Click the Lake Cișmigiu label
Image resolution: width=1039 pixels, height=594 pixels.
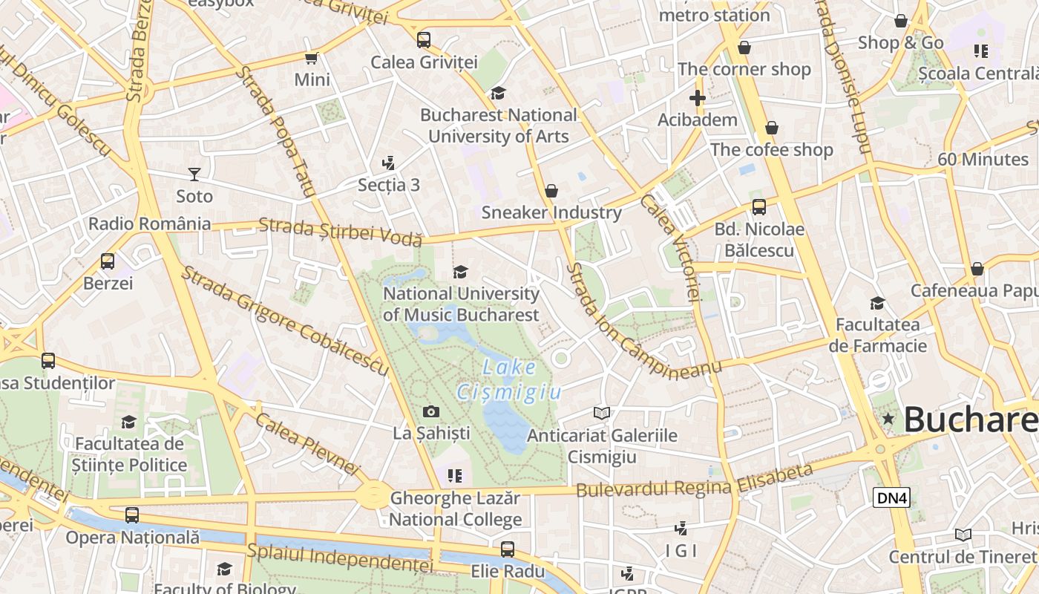click(x=509, y=379)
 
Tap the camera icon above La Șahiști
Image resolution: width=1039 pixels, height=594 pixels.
click(x=430, y=411)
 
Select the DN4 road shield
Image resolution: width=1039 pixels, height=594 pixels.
click(x=891, y=497)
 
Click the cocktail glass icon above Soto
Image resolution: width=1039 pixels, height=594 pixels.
click(x=194, y=174)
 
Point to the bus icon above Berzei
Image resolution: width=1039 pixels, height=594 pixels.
click(x=108, y=261)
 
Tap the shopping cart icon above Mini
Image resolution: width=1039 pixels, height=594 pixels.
click(x=312, y=58)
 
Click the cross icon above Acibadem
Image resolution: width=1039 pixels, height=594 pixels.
click(x=697, y=98)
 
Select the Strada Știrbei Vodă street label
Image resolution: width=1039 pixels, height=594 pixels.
click(x=341, y=231)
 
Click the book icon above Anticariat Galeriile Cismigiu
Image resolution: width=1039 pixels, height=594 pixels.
click(x=601, y=413)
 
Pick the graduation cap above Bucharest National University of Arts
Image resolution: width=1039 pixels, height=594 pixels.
click(x=498, y=93)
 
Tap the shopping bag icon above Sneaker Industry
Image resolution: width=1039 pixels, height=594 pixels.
click(x=551, y=191)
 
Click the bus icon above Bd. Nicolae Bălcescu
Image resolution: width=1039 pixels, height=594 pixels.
click(x=758, y=207)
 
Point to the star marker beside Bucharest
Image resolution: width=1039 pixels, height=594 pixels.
click(x=888, y=419)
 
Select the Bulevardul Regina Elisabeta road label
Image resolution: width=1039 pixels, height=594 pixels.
click(x=694, y=482)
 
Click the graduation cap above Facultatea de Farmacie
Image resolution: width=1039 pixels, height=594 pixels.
click(x=877, y=303)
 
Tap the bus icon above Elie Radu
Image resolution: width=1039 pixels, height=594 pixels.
click(x=508, y=549)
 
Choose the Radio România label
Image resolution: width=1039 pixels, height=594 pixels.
click(x=149, y=223)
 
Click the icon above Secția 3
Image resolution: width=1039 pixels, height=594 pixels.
click(x=388, y=163)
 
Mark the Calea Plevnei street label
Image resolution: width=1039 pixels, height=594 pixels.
click(x=307, y=443)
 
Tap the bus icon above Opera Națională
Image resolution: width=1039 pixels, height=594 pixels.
click(x=132, y=515)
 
